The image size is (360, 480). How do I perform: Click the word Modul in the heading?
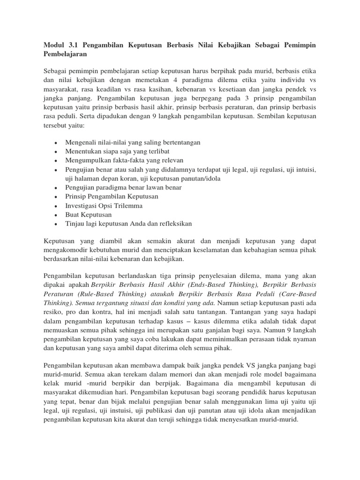click(x=54, y=45)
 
